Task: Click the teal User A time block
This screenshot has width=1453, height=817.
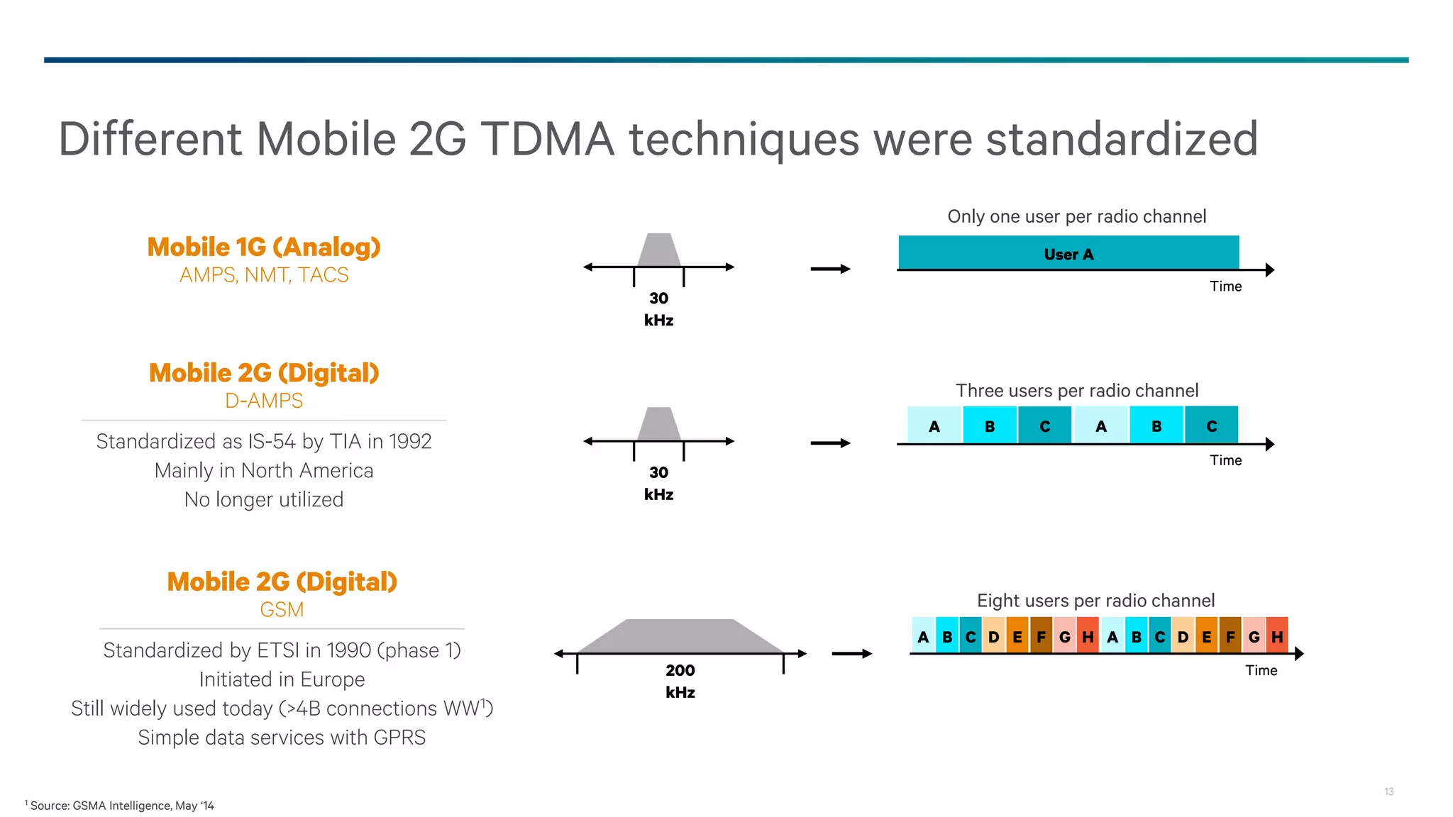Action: coord(1068,253)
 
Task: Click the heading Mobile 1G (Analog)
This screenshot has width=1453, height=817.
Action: coord(264,247)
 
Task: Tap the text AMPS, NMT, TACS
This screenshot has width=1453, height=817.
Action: coord(264,275)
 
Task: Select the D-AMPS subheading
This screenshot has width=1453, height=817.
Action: coord(264,401)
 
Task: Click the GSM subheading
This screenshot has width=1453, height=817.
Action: coord(282,610)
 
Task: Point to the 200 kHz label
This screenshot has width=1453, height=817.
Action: coord(680,681)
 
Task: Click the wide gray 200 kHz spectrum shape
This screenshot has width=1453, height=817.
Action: coord(680,636)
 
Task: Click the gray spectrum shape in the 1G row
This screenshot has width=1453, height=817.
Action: coord(659,250)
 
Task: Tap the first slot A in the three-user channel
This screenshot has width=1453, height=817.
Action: coord(934,426)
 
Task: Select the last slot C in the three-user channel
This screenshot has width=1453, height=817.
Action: coord(1211,426)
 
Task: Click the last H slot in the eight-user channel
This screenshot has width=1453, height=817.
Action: coord(1277,636)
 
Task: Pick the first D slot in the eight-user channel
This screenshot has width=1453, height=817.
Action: coord(994,636)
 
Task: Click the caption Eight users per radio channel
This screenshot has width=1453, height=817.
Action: coord(1095,601)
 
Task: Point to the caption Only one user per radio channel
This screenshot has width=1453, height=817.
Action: coord(1076,216)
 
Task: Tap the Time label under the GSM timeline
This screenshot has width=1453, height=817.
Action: coord(1261,670)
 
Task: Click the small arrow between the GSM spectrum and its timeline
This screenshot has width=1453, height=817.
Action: coord(851,654)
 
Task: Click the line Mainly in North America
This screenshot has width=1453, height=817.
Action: coord(264,470)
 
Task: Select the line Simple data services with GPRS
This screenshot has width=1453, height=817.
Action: coord(282,738)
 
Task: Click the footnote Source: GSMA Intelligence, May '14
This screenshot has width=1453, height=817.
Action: coord(121,806)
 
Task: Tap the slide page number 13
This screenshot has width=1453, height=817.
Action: coord(1388,791)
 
